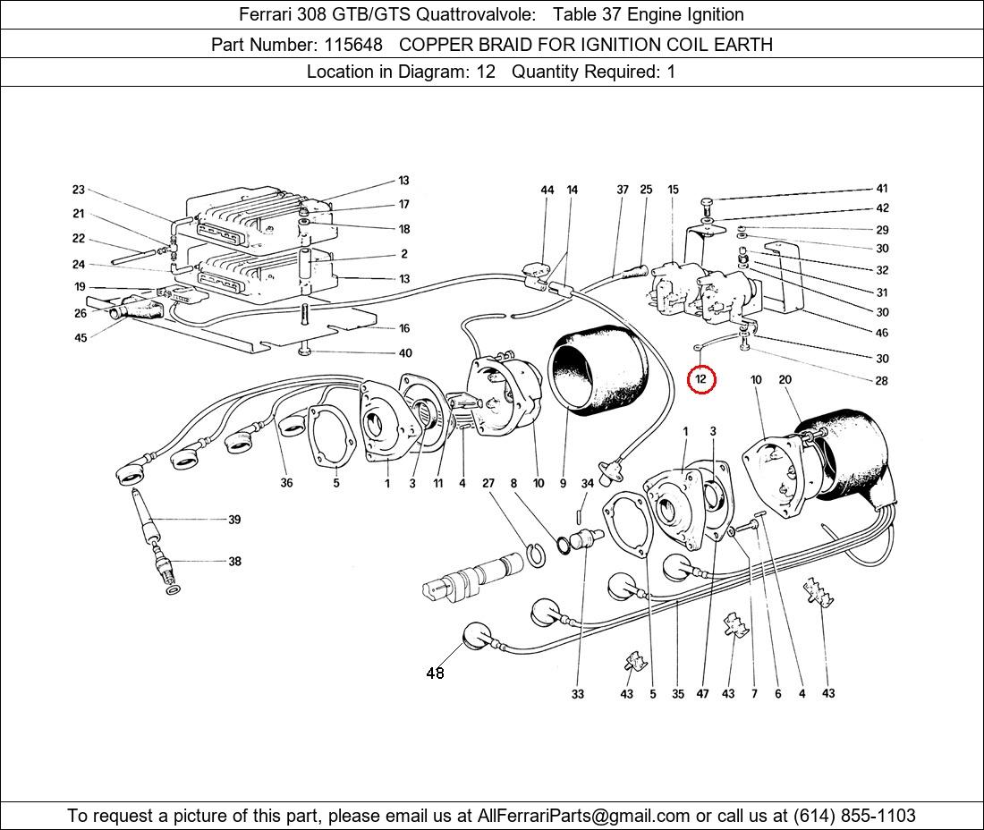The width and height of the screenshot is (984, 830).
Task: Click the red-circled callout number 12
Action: click(x=701, y=379)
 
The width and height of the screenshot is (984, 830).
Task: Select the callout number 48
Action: click(x=435, y=673)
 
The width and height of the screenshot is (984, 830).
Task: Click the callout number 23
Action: click(x=79, y=190)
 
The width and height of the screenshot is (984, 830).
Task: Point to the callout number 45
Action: click(x=81, y=337)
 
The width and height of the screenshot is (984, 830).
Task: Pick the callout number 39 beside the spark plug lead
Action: click(x=234, y=520)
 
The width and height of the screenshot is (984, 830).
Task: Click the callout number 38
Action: click(x=234, y=562)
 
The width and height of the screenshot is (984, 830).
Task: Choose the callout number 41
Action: click(x=882, y=189)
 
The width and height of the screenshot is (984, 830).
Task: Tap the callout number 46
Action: click(x=882, y=334)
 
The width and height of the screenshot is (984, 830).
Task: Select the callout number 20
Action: click(x=785, y=380)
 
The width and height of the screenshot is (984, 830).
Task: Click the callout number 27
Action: click(x=488, y=484)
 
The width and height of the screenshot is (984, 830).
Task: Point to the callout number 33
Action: click(x=578, y=694)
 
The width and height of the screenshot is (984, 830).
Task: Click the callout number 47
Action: click(x=703, y=694)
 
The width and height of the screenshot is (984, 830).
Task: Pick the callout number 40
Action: click(x=405, y=353)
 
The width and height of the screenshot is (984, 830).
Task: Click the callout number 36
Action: click(x=286, y=484)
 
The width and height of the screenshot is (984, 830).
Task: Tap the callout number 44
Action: click(x=547, y=190)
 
